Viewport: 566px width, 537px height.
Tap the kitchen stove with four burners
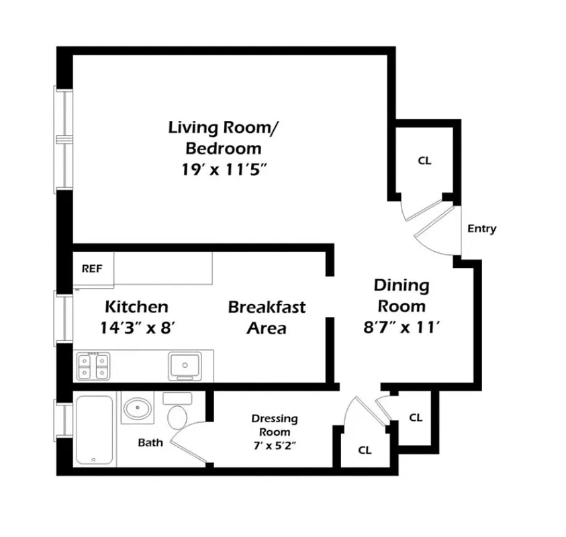[x=93, y=367]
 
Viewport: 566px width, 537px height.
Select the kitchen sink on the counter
[x=183, y=366]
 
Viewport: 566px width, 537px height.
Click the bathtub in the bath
[x=95, y=429]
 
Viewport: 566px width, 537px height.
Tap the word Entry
[x=481, y=229]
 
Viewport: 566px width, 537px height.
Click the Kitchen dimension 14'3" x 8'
[x=136, y=328]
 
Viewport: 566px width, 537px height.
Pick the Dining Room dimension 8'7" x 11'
[x=400, y=328]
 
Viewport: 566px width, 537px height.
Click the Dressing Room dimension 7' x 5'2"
[x=274, y=444]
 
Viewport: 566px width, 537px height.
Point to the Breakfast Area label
[x=267, y=318]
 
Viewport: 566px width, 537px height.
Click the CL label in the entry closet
[x=424, y=161]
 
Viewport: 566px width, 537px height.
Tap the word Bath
[x=150, y=442]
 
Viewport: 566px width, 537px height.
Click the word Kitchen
[x=136, y=307]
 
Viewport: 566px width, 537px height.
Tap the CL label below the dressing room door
[x=365, y=450]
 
